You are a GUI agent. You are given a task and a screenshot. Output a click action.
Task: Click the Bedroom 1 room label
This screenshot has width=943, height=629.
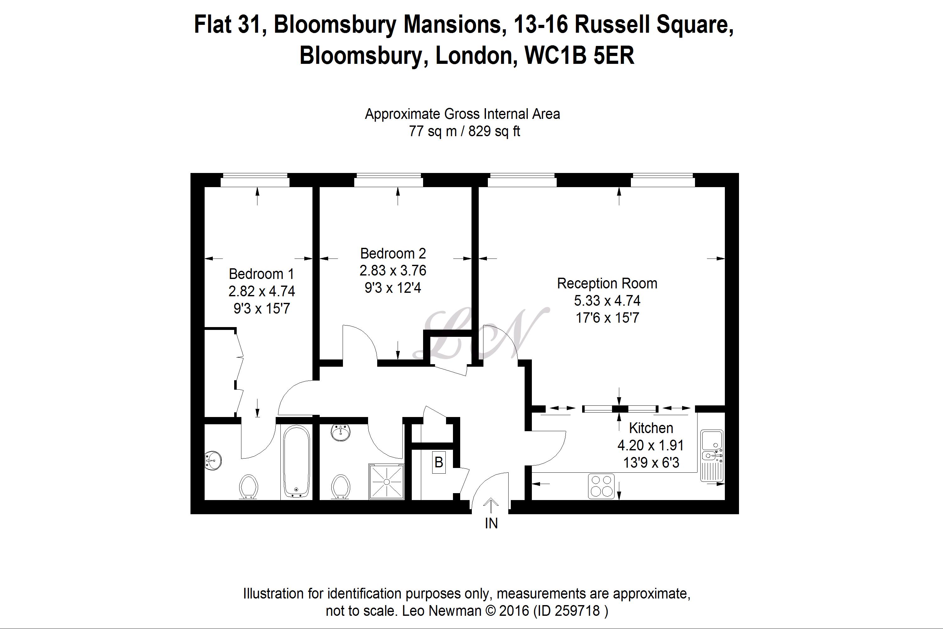pos(262,274)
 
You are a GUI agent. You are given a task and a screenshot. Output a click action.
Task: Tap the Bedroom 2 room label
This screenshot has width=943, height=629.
pos(393,253)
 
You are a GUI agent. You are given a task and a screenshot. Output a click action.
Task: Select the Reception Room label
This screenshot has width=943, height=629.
pos(607,284)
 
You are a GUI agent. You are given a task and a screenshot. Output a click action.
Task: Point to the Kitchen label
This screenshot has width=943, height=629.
pos(651,428)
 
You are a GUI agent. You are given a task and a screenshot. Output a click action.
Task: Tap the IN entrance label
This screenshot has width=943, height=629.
pos(491,524)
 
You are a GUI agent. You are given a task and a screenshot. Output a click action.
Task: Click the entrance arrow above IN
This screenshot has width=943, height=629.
pos(491,505)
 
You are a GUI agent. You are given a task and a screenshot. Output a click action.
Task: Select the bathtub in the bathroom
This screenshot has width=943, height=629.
pos(296,462)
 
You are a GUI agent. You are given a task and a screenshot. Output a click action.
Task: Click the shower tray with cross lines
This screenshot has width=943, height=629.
pos(387,481)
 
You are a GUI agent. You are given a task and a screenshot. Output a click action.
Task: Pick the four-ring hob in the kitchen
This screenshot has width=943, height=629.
pos(601,486)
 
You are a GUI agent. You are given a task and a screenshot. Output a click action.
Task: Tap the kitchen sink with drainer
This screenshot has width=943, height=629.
pos(712,456)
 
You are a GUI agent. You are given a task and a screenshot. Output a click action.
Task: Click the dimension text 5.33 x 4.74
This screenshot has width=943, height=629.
pos(607,300)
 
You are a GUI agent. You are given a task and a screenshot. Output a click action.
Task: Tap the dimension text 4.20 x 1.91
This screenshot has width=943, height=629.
pos(650,445)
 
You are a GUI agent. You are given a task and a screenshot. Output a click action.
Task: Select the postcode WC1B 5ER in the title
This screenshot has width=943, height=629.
pos(579,55)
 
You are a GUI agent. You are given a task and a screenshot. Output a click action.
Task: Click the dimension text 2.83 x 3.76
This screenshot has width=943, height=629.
pos(393,270)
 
